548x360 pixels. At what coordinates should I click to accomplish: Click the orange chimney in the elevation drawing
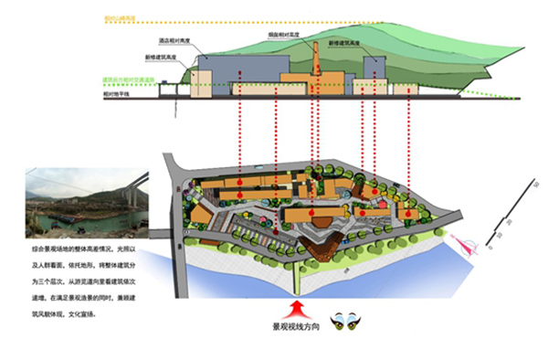(x=313, y=68)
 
